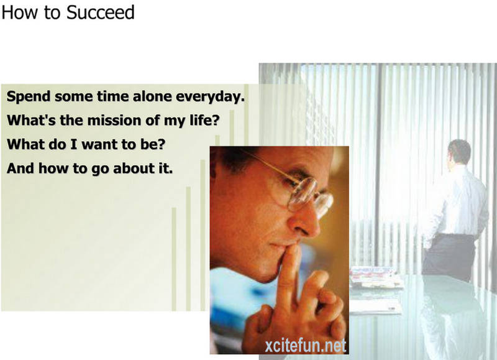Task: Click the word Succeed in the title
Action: tap(101, 12)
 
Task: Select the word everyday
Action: tap(210, 97)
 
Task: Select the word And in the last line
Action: tap(21, 168)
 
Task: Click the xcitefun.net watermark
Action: tap(305, 346)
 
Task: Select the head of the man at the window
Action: tap(459, 152)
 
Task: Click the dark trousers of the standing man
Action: tap(449, 256)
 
